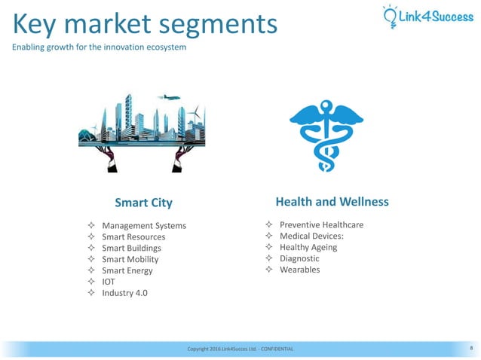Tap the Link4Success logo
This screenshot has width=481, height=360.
pos(427,15)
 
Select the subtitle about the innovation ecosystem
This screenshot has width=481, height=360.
pos(99,48)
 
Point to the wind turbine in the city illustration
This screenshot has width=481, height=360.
pos(195,114)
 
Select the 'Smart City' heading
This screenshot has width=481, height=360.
pos(143,203)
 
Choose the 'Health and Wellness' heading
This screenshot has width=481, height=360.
pos(332,202)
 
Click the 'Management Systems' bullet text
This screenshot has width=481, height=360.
pos(143,226)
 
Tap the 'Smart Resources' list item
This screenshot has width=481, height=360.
pos(133,237)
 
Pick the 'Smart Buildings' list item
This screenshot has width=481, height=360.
pos(131,248)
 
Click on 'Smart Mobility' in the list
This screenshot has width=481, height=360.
pos(130,259)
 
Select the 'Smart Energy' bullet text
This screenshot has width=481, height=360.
pos(127,270)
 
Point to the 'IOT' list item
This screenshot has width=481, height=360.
pos(108,282)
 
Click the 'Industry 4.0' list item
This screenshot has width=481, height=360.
pos(124,293)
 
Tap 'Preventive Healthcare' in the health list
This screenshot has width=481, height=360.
pos(321,225)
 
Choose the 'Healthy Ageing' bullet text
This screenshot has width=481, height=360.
pos(308,247)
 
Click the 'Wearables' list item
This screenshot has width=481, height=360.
pos(299,270)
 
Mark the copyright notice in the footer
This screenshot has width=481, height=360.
pos(240,349)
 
